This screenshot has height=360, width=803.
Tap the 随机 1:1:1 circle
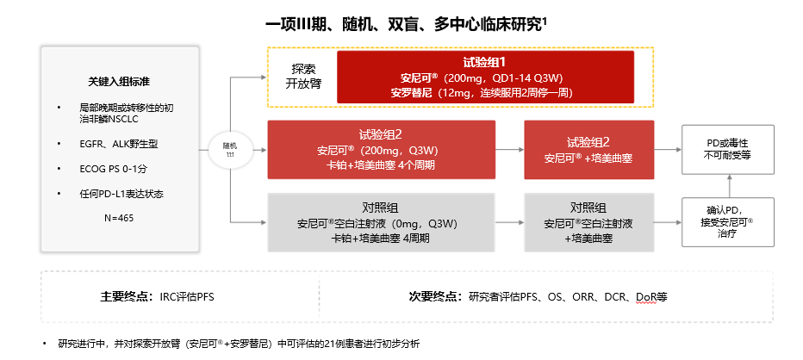click(x=230, y=150)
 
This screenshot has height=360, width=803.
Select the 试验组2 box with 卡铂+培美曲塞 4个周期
click(x=382, y=150)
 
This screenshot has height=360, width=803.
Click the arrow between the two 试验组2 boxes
click(x=510, y=151)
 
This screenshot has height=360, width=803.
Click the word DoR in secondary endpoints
click(x=646, y=296)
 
